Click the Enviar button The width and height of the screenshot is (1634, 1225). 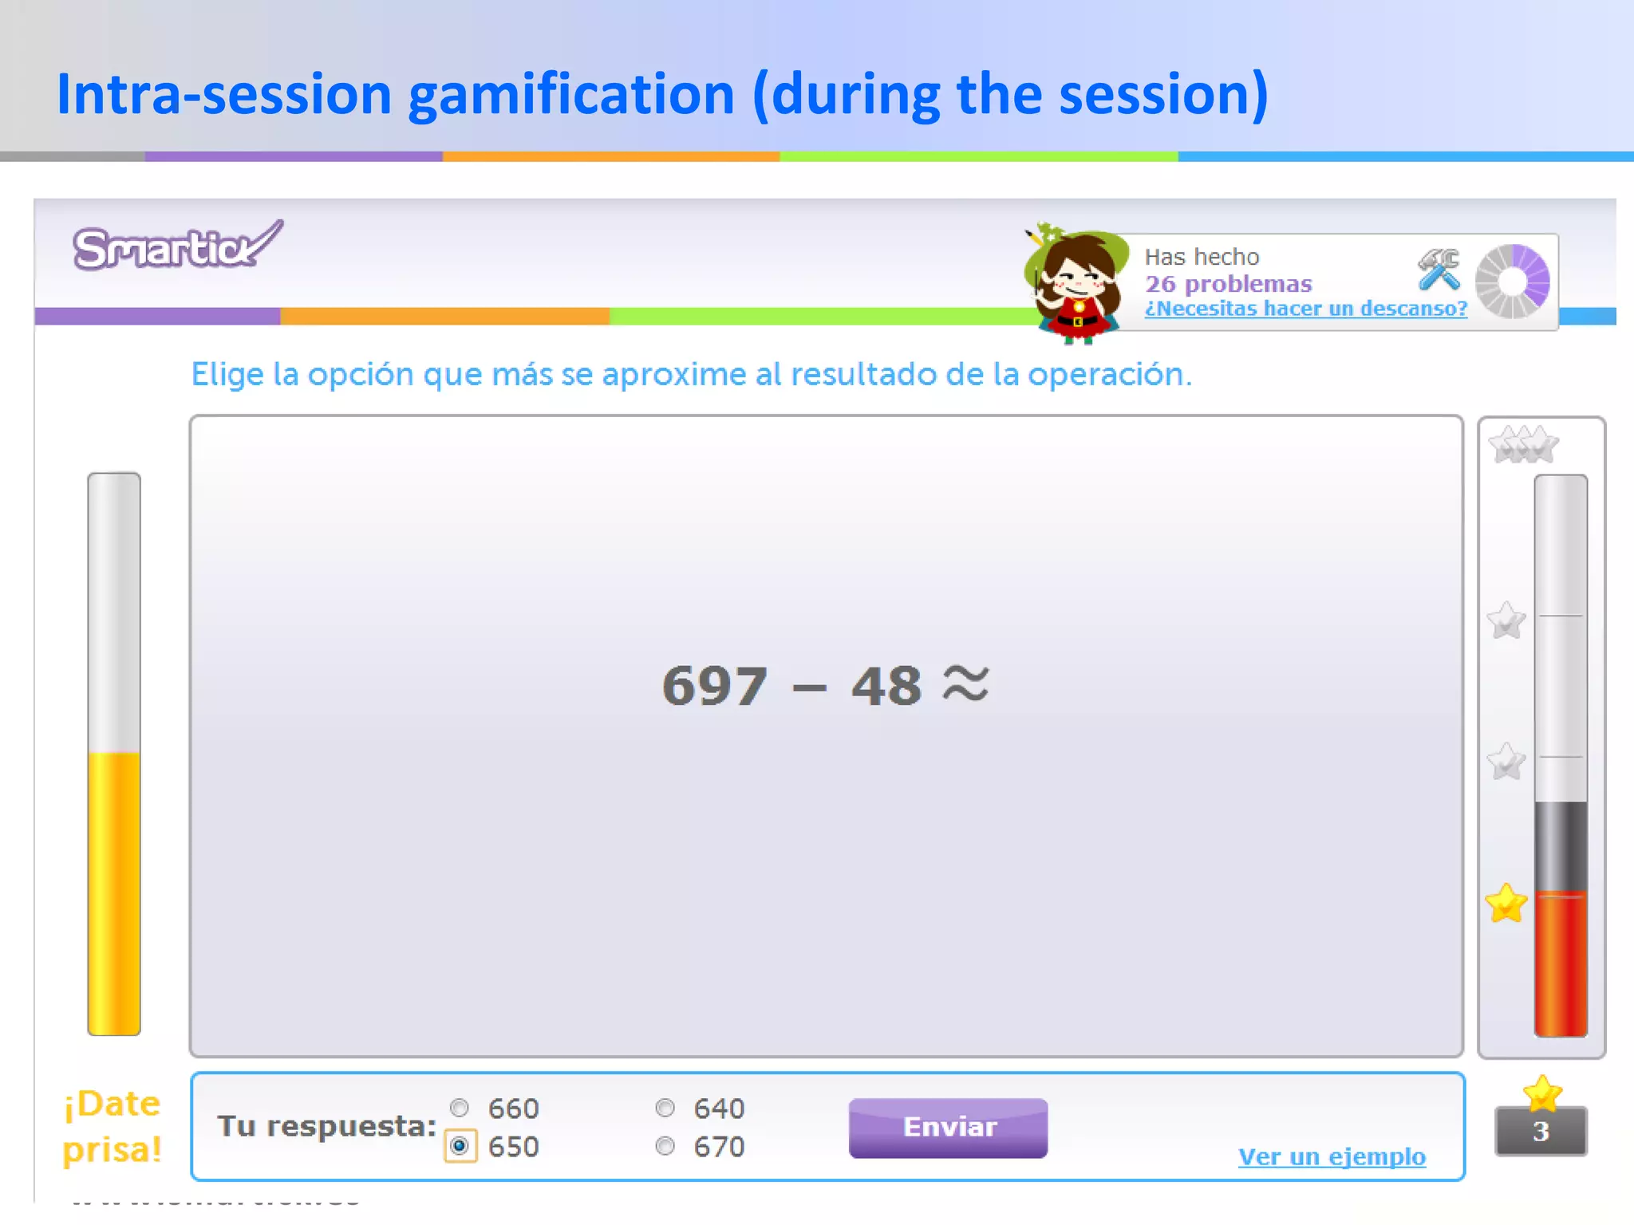tap(948, 1127)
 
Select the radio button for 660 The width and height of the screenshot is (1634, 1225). tap(460, 1108)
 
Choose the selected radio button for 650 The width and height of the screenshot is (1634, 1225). tap(460, 1146)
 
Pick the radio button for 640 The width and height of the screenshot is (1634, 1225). tap(665, 1108)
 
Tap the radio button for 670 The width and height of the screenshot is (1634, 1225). tap(665, 1146)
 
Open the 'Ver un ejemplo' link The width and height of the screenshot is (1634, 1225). tap(1332, 1156)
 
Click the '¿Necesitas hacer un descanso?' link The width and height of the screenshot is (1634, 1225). tap(1305, 309)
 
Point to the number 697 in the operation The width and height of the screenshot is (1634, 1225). tap(715, 686)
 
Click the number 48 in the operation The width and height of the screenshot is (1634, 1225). tap(886, 686)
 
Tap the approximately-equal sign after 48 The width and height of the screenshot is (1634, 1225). tap(965, 683)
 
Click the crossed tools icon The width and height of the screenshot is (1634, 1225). tap(1439, 270)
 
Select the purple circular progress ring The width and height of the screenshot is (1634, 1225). tap(1512, 282)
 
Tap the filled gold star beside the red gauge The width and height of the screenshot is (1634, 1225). tap(1506, 904)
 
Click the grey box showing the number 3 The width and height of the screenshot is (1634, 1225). tap(1541, 1132)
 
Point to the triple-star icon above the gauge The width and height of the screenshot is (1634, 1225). tap(1524, 445)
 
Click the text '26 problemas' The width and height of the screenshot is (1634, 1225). tap(1228, 284)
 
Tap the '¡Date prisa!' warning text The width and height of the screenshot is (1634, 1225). tap(112, 1126)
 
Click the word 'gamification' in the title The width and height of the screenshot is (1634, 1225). tap(571, 95)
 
